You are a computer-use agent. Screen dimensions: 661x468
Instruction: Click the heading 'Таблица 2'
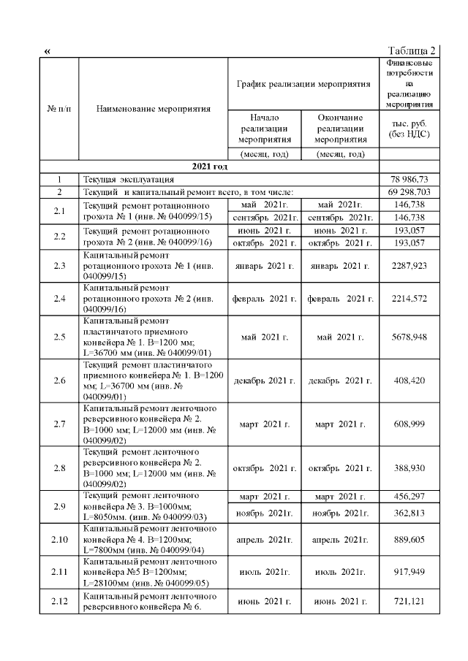tap(412, 50)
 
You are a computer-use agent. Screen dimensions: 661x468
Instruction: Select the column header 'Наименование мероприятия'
tap(153, 109)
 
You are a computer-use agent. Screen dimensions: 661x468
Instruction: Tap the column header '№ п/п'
tap(58, 109)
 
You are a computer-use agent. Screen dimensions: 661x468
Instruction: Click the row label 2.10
tap(59, 539)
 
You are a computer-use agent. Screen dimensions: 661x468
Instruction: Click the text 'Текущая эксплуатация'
tap(128, 179)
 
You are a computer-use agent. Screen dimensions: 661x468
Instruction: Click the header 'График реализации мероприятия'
tap(303, 84)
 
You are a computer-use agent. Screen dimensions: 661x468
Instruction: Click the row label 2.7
tap(59, 424)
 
